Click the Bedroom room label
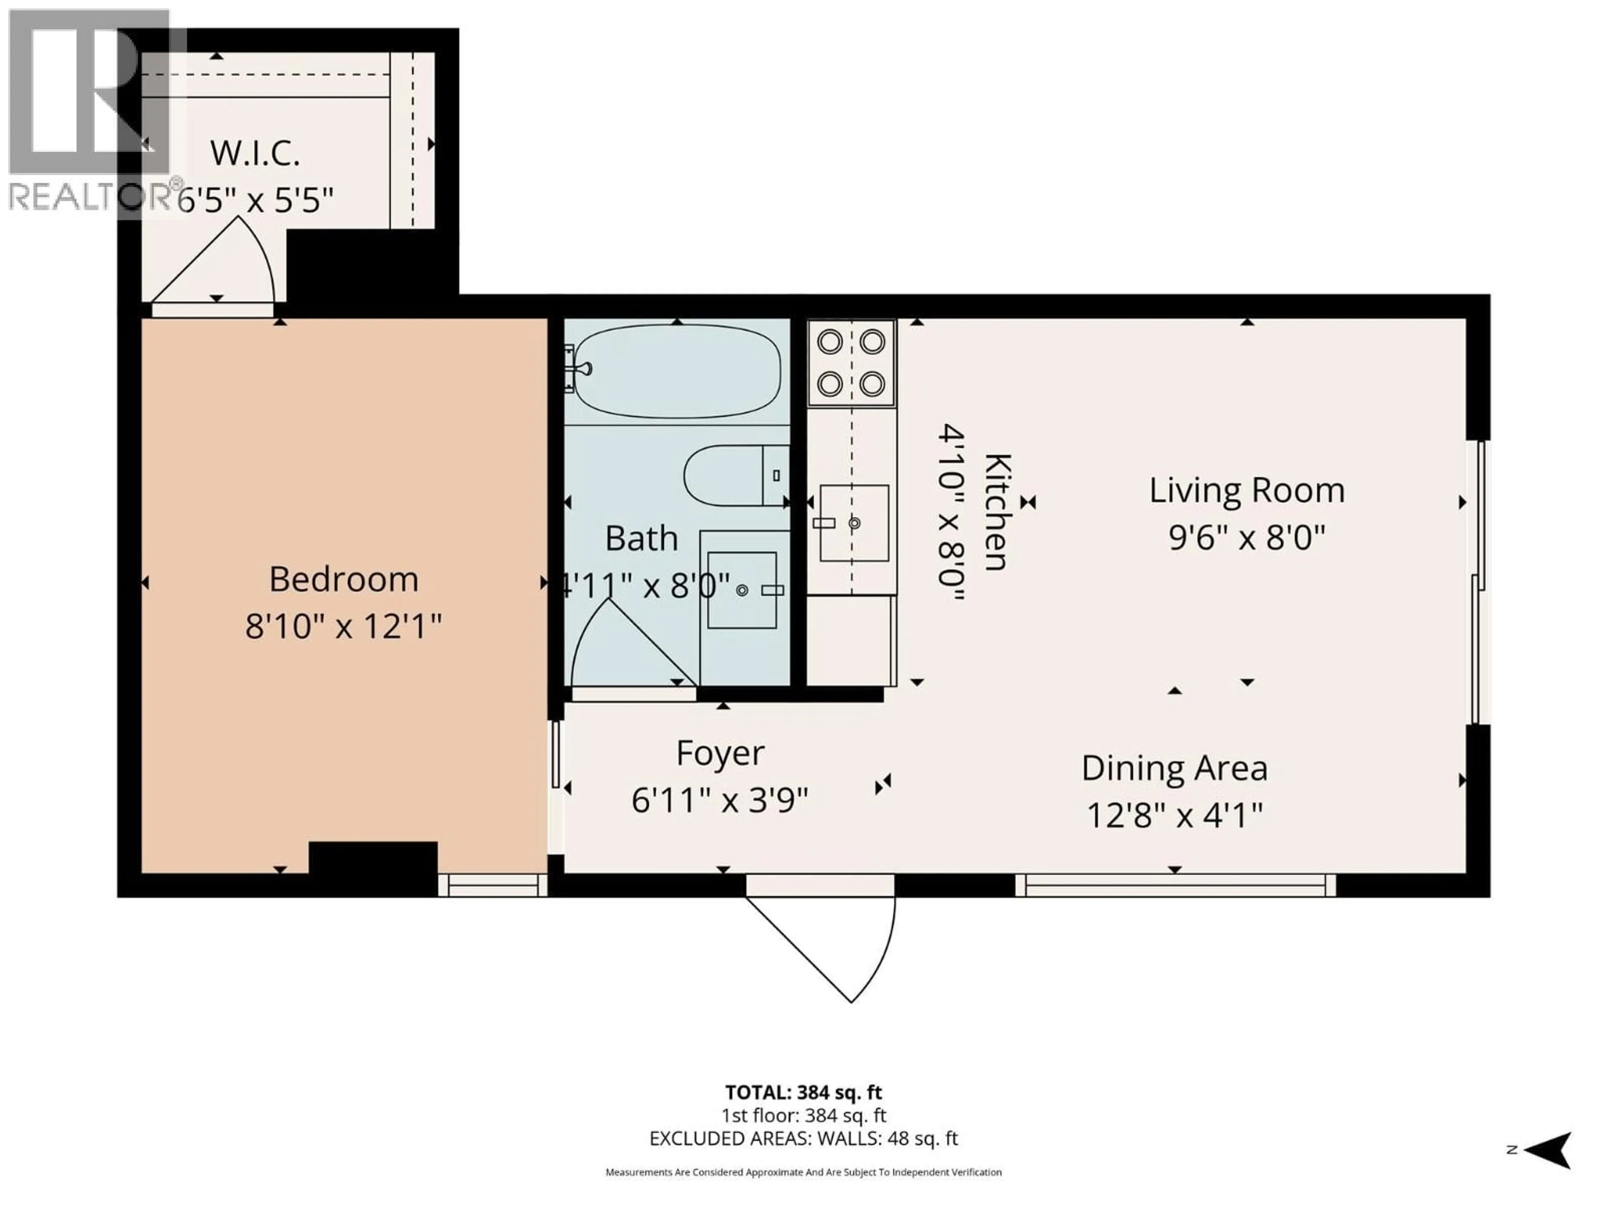tap(344, 579)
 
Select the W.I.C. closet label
tap(255, 153)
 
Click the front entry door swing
tap(835, 944)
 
